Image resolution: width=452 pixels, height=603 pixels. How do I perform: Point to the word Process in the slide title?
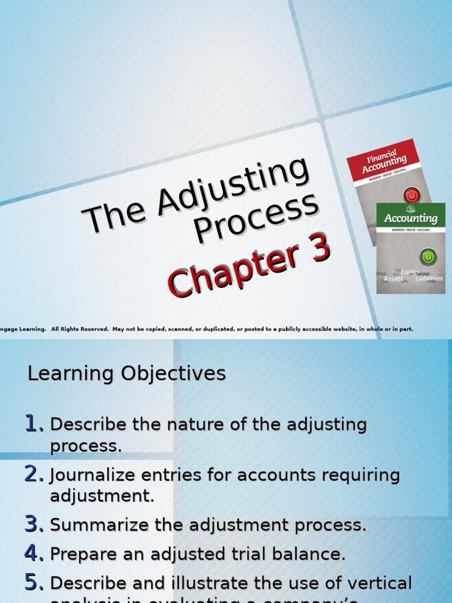pyautogui.click(x=257, y=217)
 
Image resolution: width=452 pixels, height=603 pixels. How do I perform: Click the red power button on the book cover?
pyautogui.click(x=411, y=195)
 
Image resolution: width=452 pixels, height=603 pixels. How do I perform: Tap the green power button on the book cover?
pyautogui.click(x=427, y=257)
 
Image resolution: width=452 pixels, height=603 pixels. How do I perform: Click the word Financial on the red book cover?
pyautogui.click(x=382, y=156)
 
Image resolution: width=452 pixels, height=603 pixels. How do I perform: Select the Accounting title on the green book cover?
pyautogui.click(x=411, y=218)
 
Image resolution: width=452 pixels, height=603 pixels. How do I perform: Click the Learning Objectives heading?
pyautogui.click(x=127, y=373)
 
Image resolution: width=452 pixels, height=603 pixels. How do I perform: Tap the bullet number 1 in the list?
pyautogui.click(x=34, y=423)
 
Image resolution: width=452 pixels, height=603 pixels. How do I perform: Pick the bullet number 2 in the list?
pyautogui.click(x=34, y=474)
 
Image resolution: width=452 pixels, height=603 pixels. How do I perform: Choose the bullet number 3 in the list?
pyautogui.click(x=34, y=525)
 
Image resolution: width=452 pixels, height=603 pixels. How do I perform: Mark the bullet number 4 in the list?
pyautogui.click(x=34, y=554)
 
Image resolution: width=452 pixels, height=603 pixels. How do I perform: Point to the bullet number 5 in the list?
pyautogui.click(x=34, y=583)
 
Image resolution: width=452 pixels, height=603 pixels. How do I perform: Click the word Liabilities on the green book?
pyautogui.click(x=429, y=279)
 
